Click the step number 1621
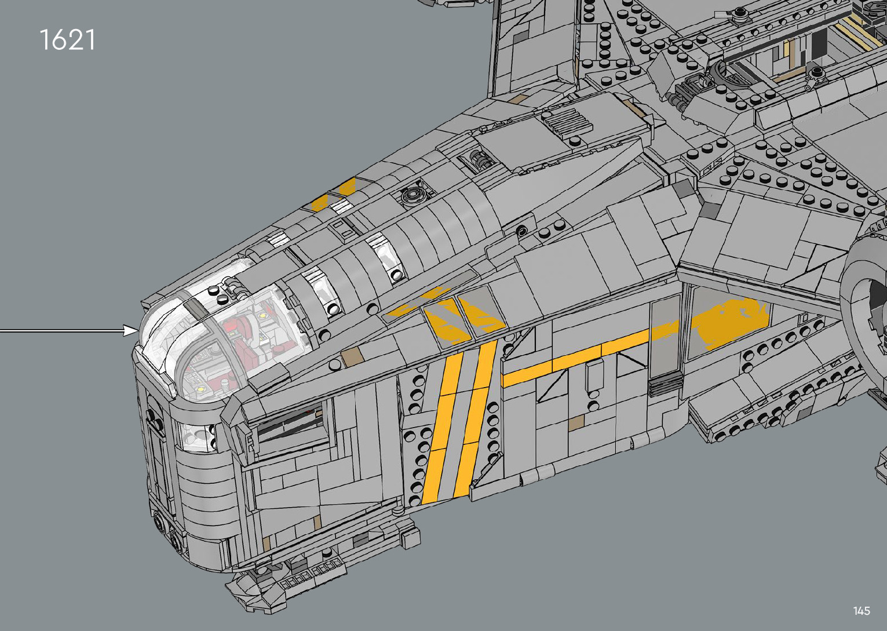[x=67, y=40]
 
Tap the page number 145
[x=861, y=611]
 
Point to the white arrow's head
[x=133, y=330]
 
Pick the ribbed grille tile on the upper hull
[x=568, y=122]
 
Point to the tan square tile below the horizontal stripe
[x=575, y=424]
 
